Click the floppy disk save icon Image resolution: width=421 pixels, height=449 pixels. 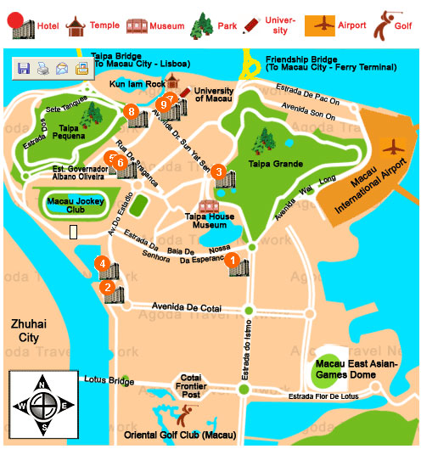click(x=23, y=69)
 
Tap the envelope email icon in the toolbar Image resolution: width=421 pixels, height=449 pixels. click(x=62, y=69)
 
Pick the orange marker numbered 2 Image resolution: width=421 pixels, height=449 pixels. click(x=108, y=287)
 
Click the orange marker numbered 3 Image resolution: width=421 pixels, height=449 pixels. click(x=220, y=172)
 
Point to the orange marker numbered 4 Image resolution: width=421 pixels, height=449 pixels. click(x=102, y=264)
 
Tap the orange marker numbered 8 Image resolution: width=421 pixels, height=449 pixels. click(x=131, y=110)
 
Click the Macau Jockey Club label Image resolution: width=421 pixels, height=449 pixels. click(x=70, y=204)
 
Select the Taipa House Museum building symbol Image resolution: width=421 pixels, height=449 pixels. click(x=207, y=207)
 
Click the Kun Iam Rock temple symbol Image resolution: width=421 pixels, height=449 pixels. click(x=173, y=81)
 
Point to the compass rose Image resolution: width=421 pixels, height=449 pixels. click(x=38, y=407)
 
